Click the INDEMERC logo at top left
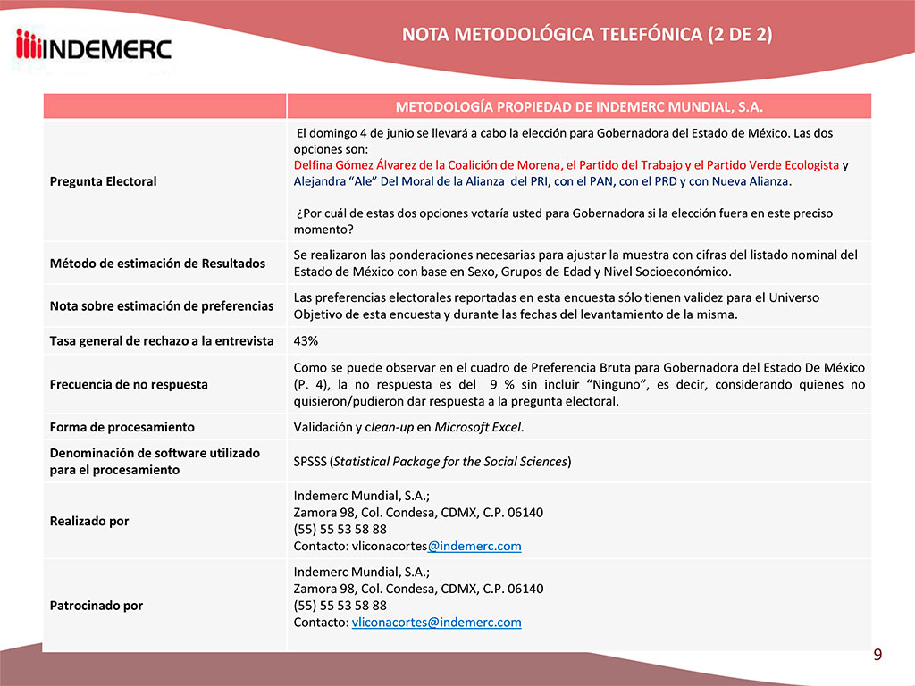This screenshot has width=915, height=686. click(94, 45)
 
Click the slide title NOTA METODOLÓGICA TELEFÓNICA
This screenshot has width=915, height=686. click(587, 35)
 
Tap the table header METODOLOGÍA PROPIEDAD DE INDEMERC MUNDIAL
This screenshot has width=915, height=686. click(578, 106)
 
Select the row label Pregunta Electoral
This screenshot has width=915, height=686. click(103, 181)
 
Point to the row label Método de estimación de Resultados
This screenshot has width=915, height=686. click(157, 264)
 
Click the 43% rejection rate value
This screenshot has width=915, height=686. click(306, 340)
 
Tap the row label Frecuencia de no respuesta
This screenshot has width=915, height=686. click(129, 384)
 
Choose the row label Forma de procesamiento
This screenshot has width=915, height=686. click(122, 427)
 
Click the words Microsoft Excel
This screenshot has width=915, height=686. click(478, 427)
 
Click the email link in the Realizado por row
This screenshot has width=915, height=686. click(474, 546)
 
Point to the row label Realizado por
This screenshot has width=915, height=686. click(89, 521)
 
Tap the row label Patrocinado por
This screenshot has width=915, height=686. click(96, 606)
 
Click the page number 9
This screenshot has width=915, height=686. click(877, 656)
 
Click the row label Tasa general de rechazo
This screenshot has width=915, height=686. click(161, 340)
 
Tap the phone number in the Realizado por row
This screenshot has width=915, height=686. click(340, 529)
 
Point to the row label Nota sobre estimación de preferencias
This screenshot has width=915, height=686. click(161, 305)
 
